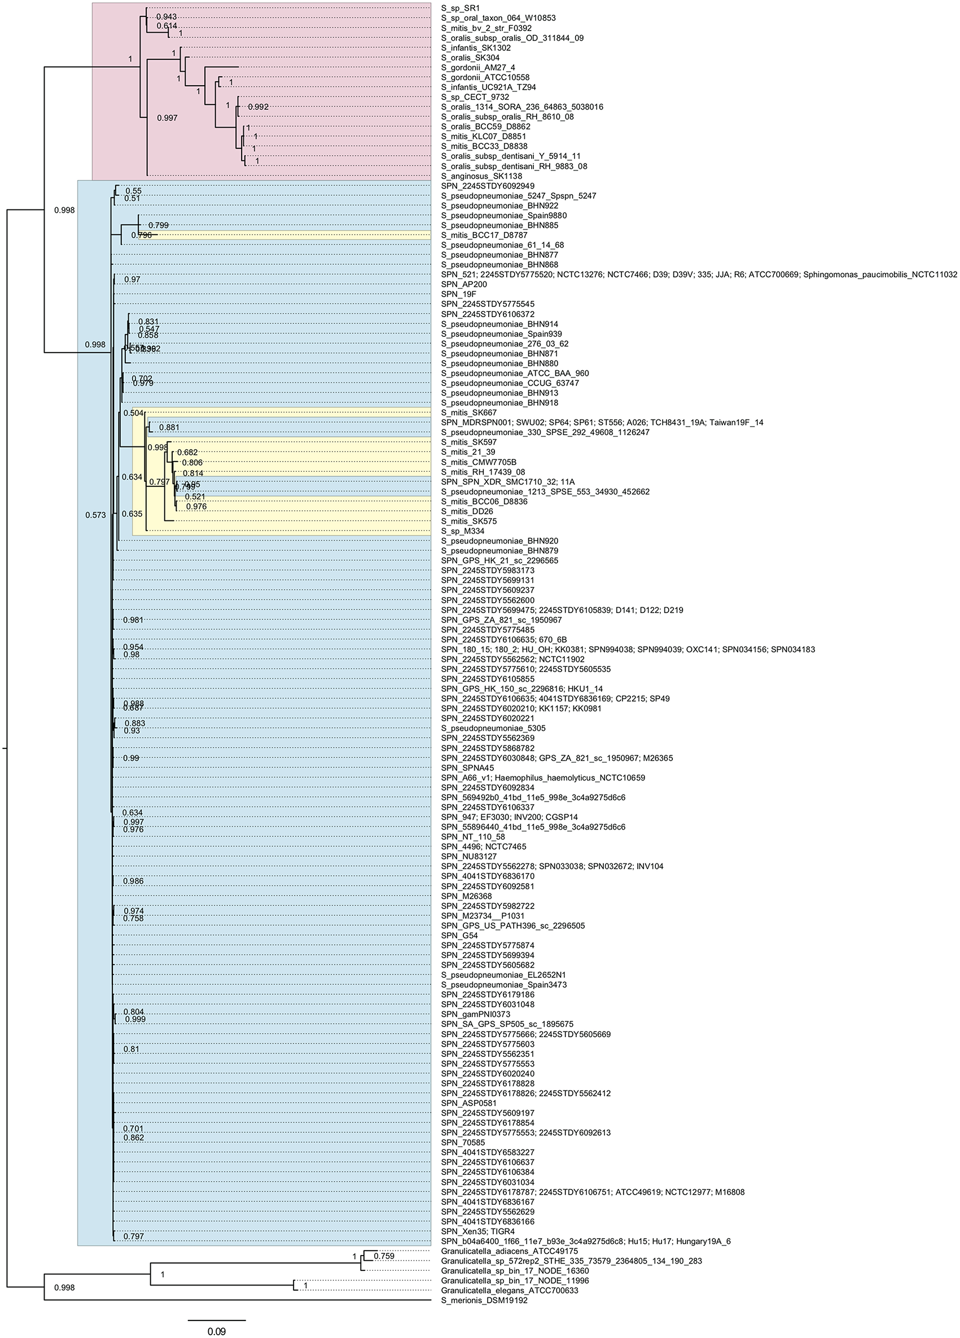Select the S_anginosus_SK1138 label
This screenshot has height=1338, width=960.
pyautogui.click(x=481, y=177)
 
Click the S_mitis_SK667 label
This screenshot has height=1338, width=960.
pyautogui.click(x=468, y=413)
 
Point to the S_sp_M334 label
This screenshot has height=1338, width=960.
pyautogui.click(x=463, y=532)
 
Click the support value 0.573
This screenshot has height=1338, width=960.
pyautogui.click(x=95, y=515)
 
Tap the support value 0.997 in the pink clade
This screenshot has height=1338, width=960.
pyautogui.click(x=167, y=118)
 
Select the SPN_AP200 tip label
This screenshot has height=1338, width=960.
pyautogui.click(x=464, y=284)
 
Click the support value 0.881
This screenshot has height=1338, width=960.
pyautogui.click(x=168, y=428)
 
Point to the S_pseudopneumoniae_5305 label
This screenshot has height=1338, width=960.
pyautogui.click(x=493, y=728)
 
